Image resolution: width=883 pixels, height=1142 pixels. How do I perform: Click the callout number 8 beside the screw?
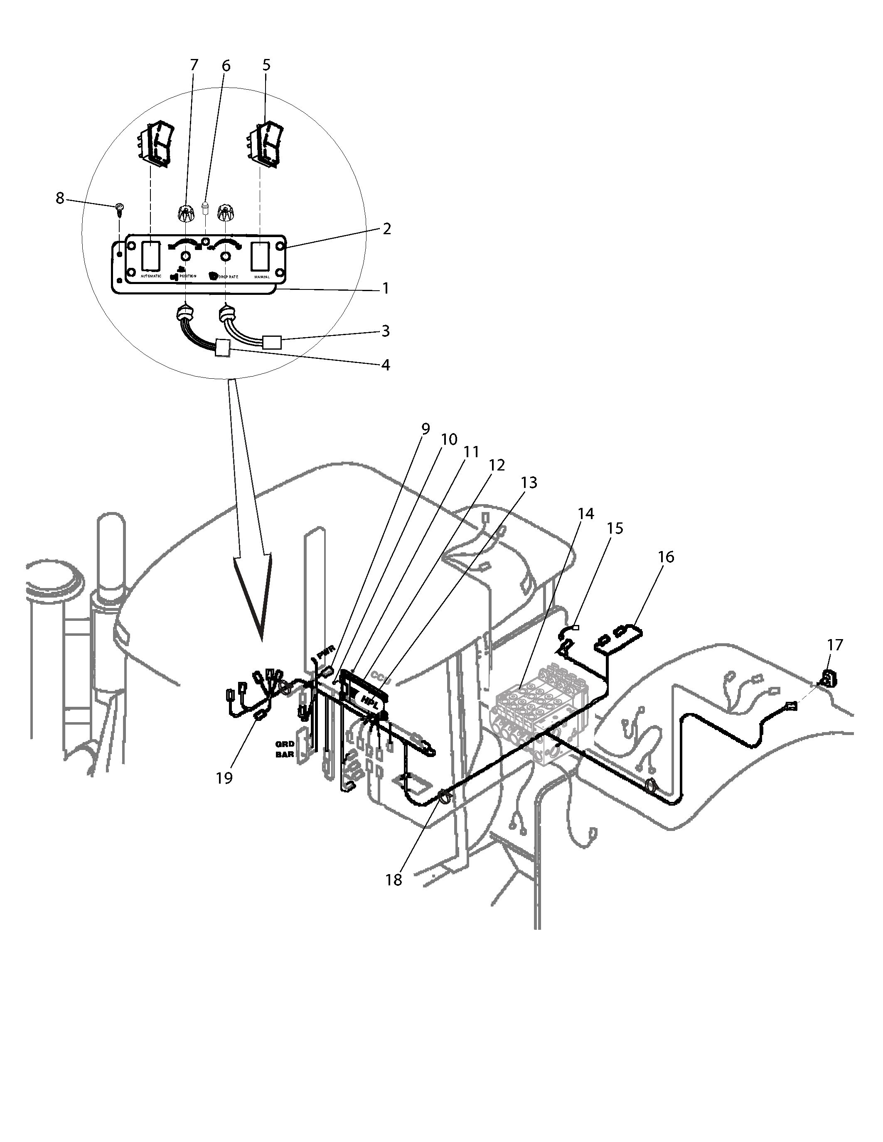pyautogui.click(x=60, y=199)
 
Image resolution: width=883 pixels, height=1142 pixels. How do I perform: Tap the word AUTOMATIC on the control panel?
pyautogui.click(x=151, y=276)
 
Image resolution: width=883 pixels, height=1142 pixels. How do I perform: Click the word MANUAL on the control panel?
pyautogui.click(x=261, y=277)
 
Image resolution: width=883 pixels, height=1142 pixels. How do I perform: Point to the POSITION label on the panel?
pyautogui.click(x=188, y=276)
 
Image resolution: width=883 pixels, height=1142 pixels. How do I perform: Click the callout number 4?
pyautogui.click(x=386, y=365)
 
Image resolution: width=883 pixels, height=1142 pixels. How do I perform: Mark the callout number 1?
pyautogui.click(x=386, y=288)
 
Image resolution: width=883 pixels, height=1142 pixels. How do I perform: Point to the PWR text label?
pyautogui.click(x=325, y=655)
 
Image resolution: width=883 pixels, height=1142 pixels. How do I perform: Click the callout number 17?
pyautogui.click(x=835, y=645)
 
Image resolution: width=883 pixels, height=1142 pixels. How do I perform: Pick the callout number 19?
pyautogui.click(x=224, y=778)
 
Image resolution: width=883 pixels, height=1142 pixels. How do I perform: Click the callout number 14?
pyautogui.click(x=586, y=514)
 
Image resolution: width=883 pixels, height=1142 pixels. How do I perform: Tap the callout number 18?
pyautogui.click(x=394, y=880)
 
